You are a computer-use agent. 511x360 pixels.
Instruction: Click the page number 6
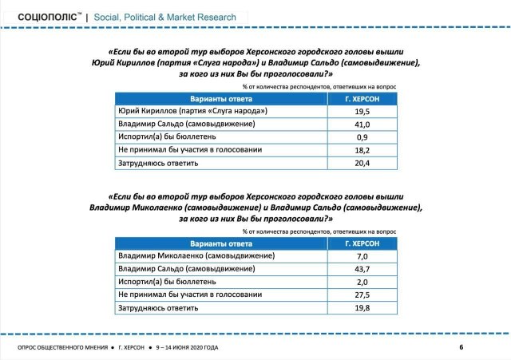click(461, 347)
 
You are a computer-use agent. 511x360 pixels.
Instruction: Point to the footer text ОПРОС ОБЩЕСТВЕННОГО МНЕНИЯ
click(65, 347)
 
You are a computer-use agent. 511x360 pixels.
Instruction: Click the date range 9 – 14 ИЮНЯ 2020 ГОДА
click(187, 347)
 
